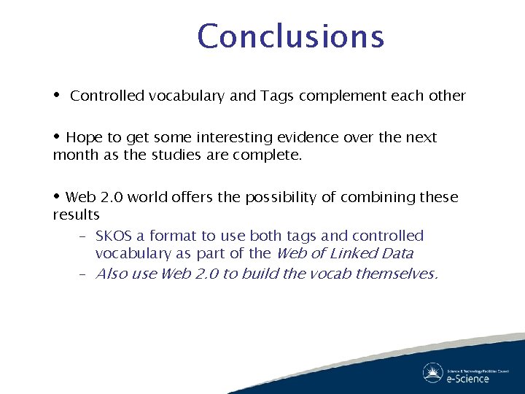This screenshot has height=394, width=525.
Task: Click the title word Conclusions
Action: pos(290,36)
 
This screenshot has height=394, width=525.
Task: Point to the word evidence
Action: pos(302,137)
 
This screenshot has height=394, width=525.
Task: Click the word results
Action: pos(76,215)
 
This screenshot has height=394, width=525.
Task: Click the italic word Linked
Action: pos(357,254)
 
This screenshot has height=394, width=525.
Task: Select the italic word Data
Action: pos(397,254)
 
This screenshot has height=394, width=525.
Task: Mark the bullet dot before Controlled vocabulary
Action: pos(58,96)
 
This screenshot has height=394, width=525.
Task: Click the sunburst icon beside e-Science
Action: pos(433,373)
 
